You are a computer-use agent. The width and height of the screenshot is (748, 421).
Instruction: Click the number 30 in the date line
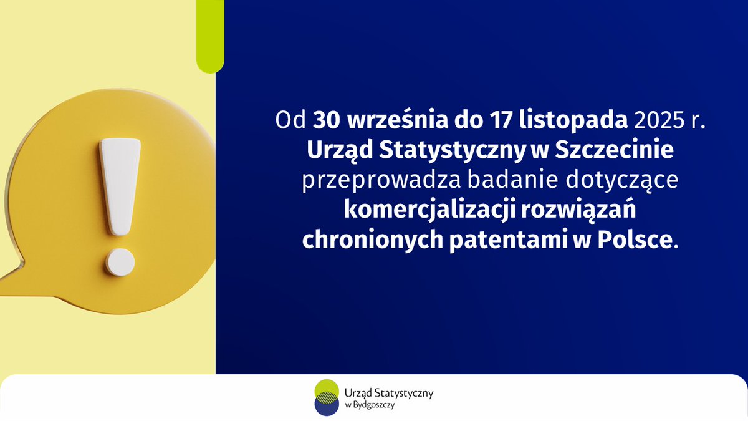326,120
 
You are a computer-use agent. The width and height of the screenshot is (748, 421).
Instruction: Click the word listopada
573,121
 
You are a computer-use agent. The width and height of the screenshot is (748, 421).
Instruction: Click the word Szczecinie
615,150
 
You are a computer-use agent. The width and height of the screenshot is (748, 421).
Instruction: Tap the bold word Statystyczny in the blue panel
452,152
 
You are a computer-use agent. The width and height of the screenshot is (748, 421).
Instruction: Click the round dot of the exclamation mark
120,262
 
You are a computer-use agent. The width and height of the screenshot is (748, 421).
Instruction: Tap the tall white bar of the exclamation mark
120,186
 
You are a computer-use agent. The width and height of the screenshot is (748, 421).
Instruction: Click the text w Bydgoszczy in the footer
370,405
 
